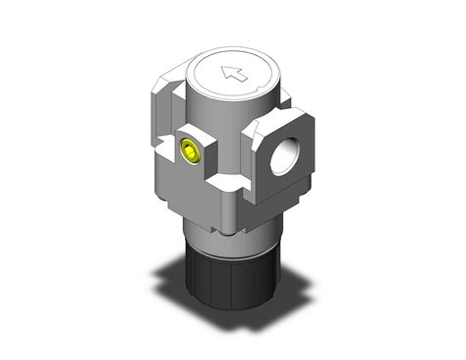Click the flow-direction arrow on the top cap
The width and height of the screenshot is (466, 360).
tap(234, 71)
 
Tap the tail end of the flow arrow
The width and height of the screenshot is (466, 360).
tap(243, 75)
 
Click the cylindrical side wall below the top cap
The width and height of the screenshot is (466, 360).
tap(231, 118)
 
